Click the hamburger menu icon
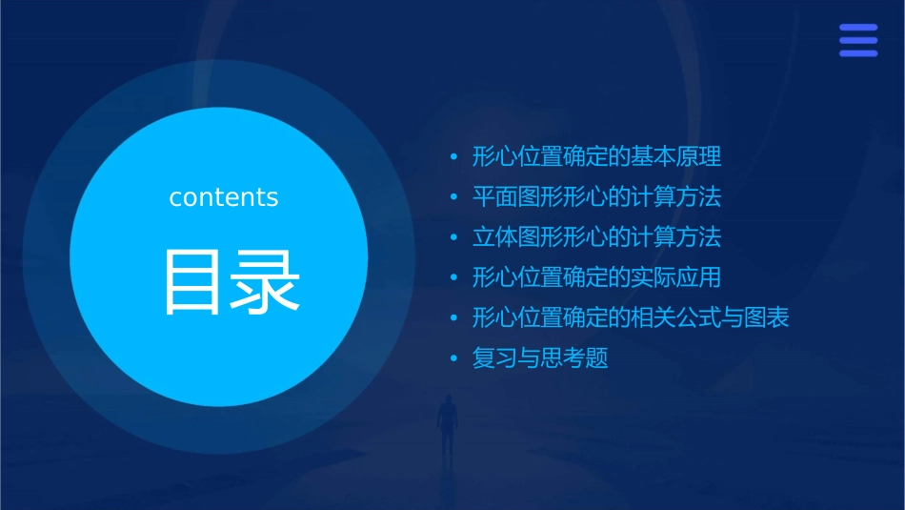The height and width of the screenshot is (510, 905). coord(858,40)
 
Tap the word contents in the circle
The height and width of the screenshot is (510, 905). coord(224,197)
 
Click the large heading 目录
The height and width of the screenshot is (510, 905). coord(232,281)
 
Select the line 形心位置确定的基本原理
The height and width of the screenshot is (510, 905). coord(596,156)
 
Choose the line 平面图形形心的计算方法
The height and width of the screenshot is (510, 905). coord(596,197)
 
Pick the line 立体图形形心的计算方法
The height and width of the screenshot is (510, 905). coord(596,236)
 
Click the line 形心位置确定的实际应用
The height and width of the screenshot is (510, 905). coord(596,277)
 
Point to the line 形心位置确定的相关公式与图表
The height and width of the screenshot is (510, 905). coord(631,318)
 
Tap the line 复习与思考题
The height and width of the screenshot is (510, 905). coord(540,358)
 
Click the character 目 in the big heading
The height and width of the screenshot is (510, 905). coord(195,281)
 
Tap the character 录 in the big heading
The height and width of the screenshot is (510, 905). coord(268,281)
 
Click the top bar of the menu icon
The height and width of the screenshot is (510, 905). coord(858,28)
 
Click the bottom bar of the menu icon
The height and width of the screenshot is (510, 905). coord(858,53)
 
